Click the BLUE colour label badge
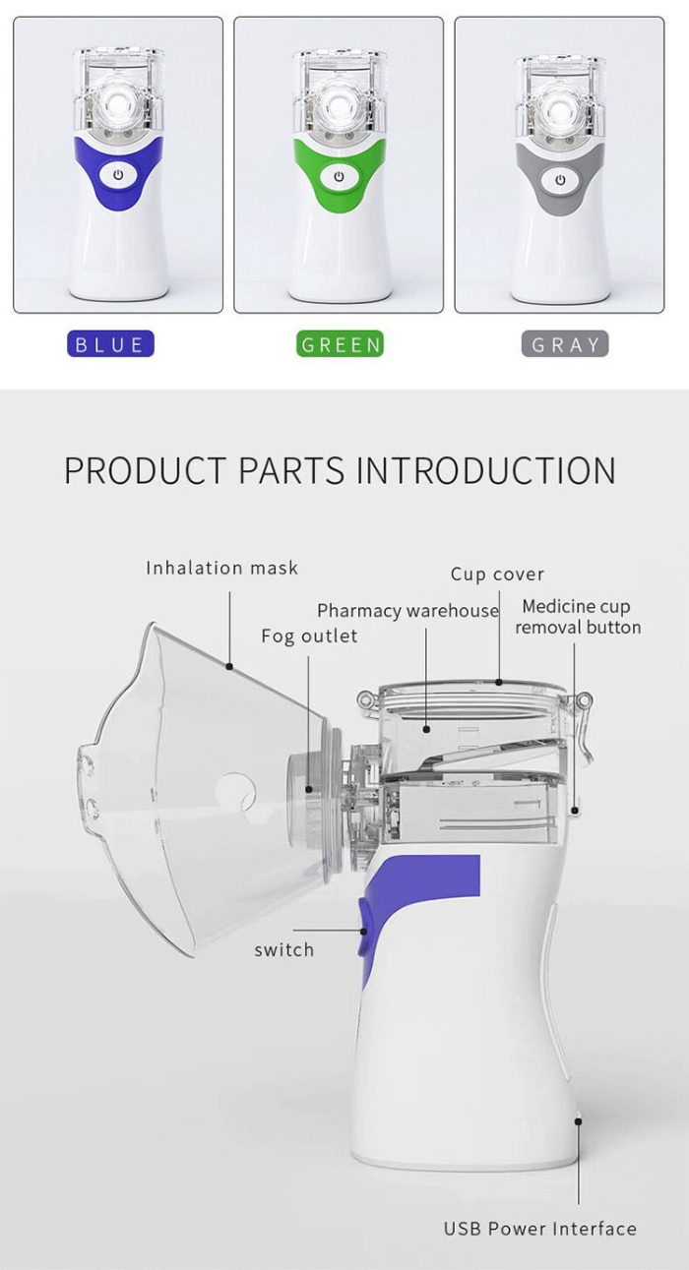pos(109,344)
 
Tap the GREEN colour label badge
pos(340,344)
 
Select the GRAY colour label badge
pos(564,344)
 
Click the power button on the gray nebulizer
pos(559,179)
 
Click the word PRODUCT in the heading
pos(145,470)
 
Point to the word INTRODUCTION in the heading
pos(485,470)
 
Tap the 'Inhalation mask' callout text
pos(221,568)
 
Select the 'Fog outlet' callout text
pos(309,635)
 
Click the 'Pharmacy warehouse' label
pos(407,611)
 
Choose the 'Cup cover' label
pos(497,574)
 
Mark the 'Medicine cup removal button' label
pos(577,617)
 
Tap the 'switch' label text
pos(283,949)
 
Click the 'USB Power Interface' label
pos(539,1229)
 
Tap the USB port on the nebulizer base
pos(579,1119)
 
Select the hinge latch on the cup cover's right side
pos(586,700)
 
